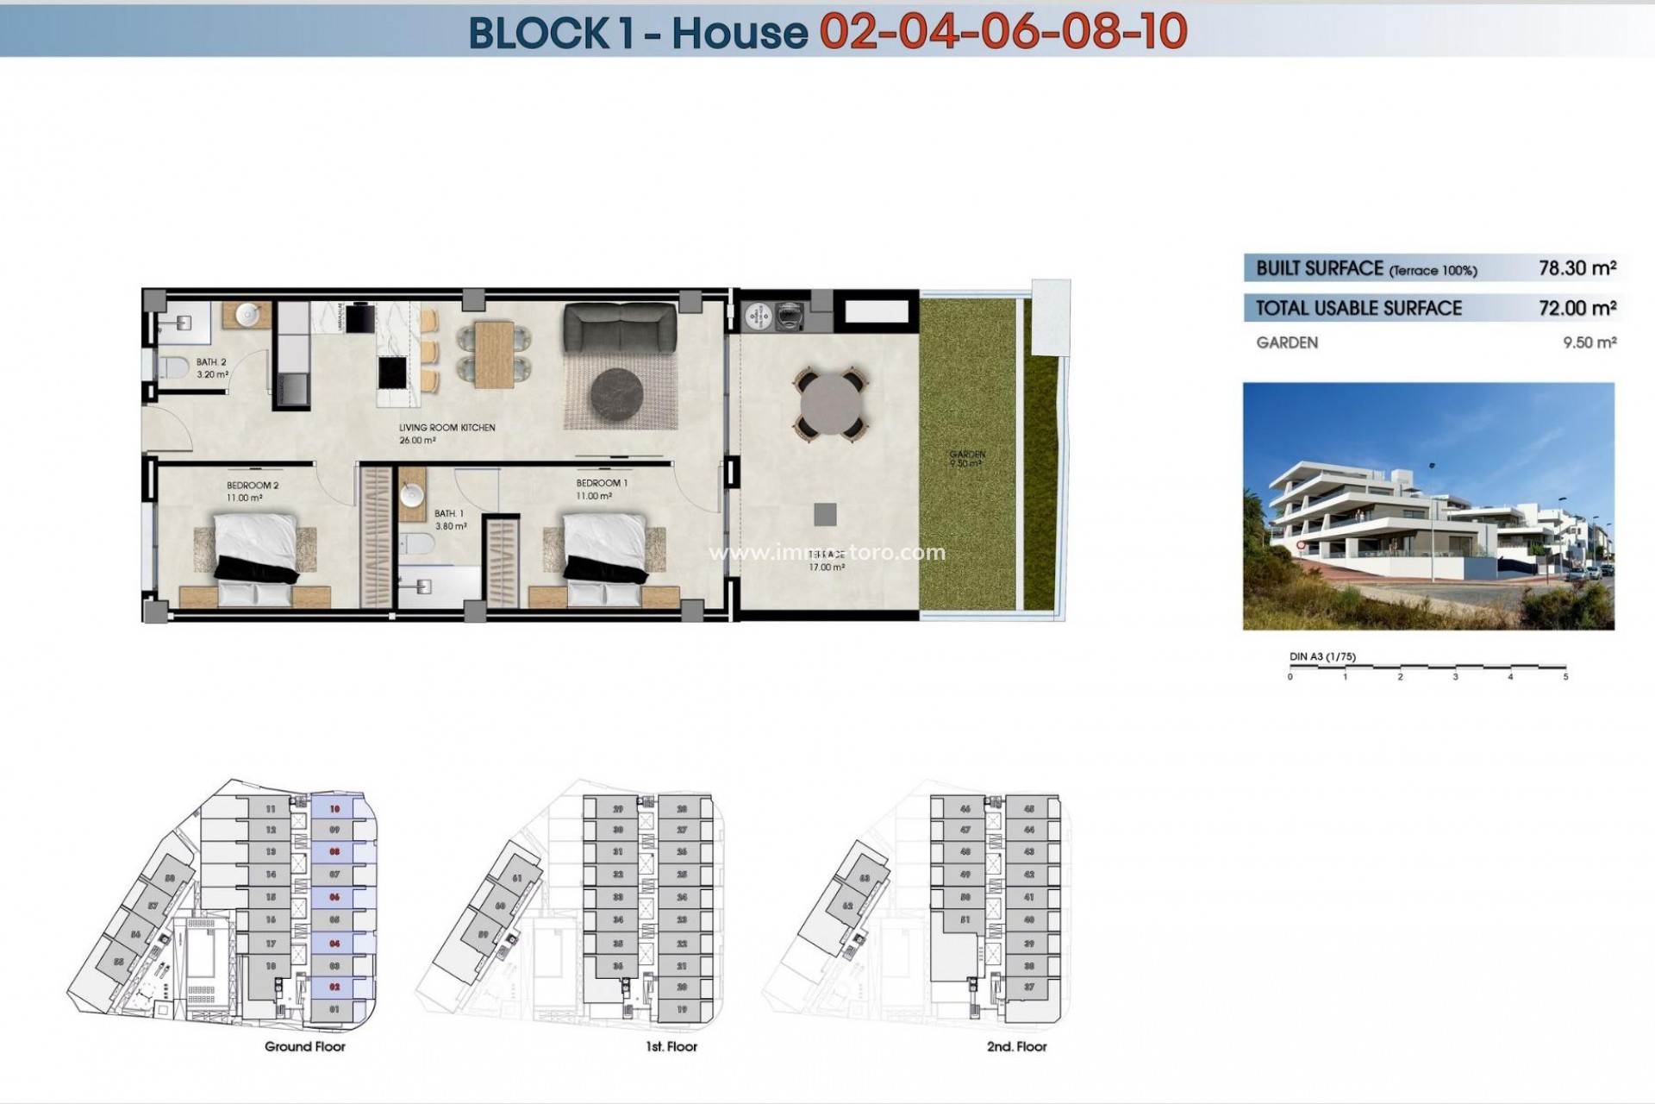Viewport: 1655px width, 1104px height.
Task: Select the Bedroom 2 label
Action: (x=253, y=486)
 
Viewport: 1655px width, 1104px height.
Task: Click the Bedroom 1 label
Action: (x=602, y=483)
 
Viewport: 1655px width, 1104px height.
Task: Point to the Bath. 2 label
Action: (x=211, y=362)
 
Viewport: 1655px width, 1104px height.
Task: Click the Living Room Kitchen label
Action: (x=447, y=428)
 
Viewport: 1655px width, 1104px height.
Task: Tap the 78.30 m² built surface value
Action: (x=1577, y=268)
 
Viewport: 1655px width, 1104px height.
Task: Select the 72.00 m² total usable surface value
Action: (x=1577, y=308)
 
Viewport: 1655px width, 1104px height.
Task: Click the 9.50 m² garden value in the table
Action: (x=1589, y=342)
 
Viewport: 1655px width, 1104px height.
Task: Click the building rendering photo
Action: (x=1427, y=506)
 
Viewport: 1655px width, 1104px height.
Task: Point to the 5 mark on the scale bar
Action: (x=1565, y=676)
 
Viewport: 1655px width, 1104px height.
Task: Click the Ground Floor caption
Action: (x=304, y=1046)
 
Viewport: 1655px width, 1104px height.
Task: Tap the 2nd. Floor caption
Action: (x=1016, y=1046)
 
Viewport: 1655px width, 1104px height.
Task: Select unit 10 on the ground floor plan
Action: (x=334, y=809)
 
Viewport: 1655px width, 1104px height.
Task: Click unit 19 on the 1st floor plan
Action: (x=682, y=1009)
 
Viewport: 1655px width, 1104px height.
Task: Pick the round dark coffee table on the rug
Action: (x=615, y=393)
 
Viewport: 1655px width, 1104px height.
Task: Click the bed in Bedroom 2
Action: (x=255, y=552)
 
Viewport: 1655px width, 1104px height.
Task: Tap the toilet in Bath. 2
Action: (x=173, y=367)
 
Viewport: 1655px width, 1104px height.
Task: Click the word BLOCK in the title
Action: (x=539, y=33)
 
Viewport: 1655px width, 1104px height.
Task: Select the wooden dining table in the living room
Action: (x=494, y=354)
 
